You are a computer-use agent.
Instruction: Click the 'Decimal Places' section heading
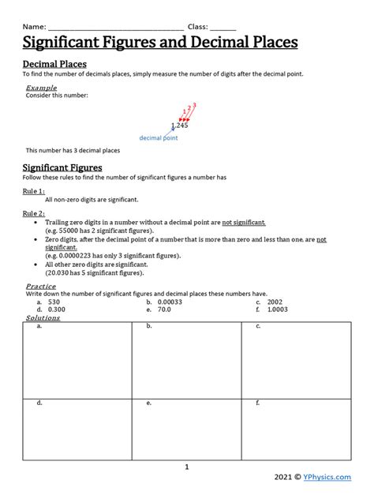pyautogui.click(x=54, y=63)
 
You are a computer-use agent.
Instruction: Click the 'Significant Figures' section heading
pyautogui.click(x=62, y=168)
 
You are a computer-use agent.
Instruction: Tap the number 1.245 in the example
pyautogui.click(x=180, y=126)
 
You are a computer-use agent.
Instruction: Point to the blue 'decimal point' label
pyautogui.click(x=159, y=137)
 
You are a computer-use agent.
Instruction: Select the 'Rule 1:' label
pyautogui.click(x=33, y=191)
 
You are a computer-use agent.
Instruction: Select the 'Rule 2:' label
pyautogui.click(x=33, y=213)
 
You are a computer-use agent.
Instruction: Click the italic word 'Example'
pyautogui.click(x=41, y=87)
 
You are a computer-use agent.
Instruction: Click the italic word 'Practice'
pyautogui.click(x=41, y=286)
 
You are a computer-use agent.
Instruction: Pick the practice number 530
pyautogui.click(x=54, y=302)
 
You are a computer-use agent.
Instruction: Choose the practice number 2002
pyautogui.click(x=275, y=302)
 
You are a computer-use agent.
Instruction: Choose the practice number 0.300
pyautogui.click(x=56, y=310)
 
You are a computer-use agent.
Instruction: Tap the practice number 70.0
pyautogui.click(x=164, y=310)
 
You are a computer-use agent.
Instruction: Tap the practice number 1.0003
pyautogui.click(x=279, y=310)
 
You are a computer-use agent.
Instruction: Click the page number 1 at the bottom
pyautogui.click(x=187, y=467)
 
